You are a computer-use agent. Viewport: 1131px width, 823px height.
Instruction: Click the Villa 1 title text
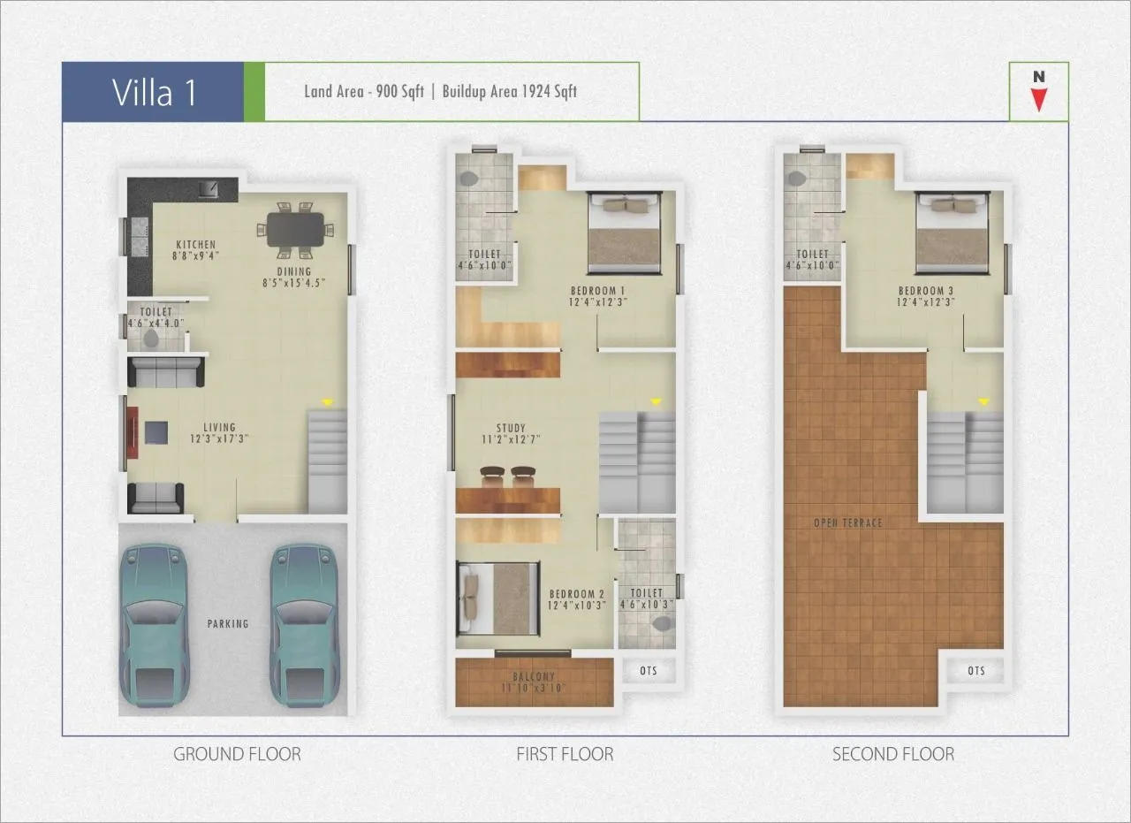tap(154, 92)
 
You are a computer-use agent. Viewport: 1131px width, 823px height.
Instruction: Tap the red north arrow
tap(1039, 98)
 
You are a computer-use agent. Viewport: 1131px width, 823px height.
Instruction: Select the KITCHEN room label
tap(195, 245)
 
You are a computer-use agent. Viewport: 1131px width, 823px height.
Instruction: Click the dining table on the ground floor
tap(295, 230)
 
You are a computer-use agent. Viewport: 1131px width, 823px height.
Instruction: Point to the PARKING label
tap(228, 623)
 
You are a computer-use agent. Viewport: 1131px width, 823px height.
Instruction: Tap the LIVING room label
tap(219, 428)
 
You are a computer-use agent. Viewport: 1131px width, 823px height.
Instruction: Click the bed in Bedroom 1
tap(626, 232)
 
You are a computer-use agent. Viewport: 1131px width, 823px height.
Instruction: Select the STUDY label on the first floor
tap(511, 428)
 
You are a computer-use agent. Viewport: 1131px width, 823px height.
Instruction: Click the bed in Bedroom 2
tap(497, 598)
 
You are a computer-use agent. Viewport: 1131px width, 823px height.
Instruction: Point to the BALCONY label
tap(534, 677)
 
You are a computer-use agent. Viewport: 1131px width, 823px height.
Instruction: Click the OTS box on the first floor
tap(649, 671)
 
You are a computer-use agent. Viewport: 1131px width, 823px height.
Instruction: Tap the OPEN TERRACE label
tap(848, 523)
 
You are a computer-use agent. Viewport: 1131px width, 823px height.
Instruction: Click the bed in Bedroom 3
tap(953, 232)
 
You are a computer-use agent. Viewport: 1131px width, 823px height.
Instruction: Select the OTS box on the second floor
tap(975, 671)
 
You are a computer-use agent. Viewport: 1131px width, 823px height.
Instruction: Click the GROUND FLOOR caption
tap(237, 754)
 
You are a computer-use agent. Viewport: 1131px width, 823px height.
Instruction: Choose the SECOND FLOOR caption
tap(893, 754)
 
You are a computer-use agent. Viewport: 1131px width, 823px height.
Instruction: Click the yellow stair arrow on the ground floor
tap(328, 402)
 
